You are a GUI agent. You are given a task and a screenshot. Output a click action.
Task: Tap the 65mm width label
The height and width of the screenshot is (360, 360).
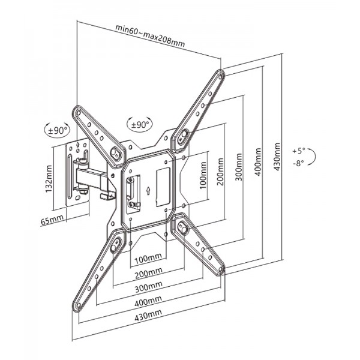pos(52,221)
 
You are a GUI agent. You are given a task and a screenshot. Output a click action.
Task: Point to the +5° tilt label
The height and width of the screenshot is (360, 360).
pos(298,150)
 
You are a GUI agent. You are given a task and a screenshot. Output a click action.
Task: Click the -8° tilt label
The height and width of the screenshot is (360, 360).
pos(298,162)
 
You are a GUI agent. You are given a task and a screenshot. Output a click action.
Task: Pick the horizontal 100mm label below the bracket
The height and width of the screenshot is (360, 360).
pos(147,260)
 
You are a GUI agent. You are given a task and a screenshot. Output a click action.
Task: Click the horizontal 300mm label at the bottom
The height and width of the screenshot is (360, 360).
pos(147,287)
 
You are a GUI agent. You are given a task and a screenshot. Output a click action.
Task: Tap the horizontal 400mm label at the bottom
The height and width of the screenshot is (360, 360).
pos(147,301)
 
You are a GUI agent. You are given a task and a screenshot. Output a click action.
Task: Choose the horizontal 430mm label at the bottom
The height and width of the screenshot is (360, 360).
pos(147,314)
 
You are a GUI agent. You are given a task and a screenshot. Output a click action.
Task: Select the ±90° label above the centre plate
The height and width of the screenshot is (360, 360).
pos(139,125)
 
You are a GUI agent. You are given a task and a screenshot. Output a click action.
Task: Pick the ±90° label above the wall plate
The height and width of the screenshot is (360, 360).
pos(58,130)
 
